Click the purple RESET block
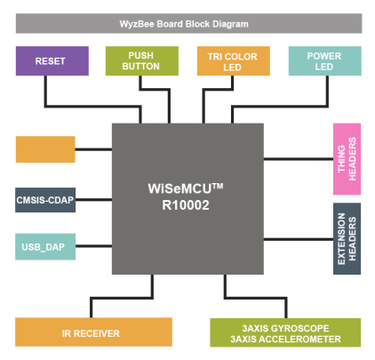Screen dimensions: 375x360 click(52, 60)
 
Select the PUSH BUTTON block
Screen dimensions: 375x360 click(142, 60)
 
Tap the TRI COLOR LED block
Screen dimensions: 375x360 click(234, 60)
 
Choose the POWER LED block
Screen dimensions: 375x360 click(325, 60)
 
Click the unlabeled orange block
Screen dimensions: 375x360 click(45, 149)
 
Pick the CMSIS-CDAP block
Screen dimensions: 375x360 click(45, 200)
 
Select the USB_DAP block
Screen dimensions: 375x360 click(45, 246)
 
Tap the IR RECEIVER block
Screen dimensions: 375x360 click(93, 332)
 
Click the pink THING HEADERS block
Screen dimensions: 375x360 click(347, 159)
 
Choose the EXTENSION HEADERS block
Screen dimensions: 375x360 click(347, 238)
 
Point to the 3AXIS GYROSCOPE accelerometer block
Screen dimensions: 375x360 click(285, 332)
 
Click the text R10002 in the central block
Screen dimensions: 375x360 click(186, 205)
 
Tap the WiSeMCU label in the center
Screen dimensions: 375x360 click(186, 188)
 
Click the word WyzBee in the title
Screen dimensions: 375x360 click(137, 24)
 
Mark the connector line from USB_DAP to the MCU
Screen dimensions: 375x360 click(93, 246)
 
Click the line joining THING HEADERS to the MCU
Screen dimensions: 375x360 click(299, 159)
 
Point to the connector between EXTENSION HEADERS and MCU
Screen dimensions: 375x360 click(299, 239)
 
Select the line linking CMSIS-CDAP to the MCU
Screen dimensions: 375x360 click(93, 200)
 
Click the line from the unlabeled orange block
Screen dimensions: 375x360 click(93, 149)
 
